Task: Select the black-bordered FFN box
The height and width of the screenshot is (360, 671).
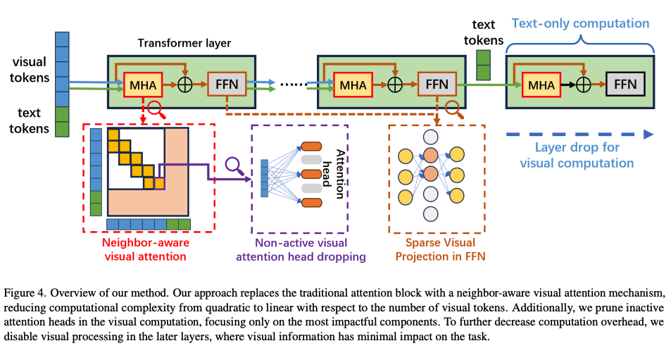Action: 625,85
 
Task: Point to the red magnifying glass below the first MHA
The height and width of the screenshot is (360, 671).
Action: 155,109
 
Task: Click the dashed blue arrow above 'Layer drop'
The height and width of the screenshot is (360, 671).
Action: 579,134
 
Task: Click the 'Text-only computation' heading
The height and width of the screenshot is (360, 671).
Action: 580,23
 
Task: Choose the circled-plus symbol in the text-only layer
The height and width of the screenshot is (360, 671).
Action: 584,85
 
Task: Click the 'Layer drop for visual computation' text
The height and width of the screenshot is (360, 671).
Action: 577,156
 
